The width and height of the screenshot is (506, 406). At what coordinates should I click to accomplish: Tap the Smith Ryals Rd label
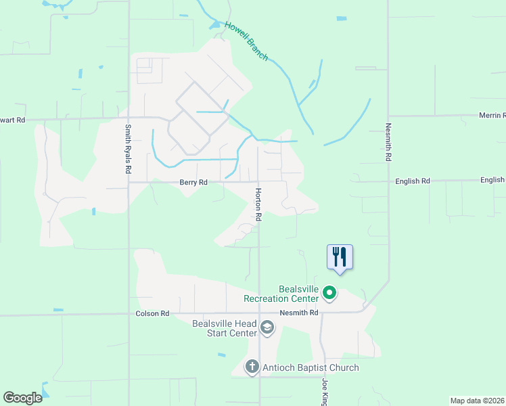click(x=127, y=149)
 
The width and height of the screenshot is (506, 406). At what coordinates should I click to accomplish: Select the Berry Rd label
click(x=193, y=182)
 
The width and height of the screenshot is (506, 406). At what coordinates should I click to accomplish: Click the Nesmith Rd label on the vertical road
click(x=388, y=141)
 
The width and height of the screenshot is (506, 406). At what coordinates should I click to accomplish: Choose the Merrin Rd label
click(x=492, y=116)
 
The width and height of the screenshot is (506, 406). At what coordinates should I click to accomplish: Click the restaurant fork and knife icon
click(x=340, y=256)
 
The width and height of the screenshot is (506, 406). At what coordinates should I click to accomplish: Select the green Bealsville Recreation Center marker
click(x=329, y=293)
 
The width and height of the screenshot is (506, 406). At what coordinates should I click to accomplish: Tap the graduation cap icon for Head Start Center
click(x=267, y=329)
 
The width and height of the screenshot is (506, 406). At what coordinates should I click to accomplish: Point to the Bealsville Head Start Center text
click(x=225, y=328)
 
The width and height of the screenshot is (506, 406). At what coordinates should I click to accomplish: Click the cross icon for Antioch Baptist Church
click(x=252, y=367)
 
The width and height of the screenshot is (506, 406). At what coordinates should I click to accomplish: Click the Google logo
click(x=23, y=398)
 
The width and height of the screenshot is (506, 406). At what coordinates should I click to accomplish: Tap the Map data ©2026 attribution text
click(x=477, y=401)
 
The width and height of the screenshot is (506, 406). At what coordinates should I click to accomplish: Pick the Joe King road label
click(x=324, y=392)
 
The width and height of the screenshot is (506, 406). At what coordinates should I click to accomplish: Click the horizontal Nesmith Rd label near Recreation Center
click(x=299, y=313)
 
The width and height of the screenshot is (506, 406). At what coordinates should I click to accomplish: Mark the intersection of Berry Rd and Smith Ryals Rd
click(x=129, y=182)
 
